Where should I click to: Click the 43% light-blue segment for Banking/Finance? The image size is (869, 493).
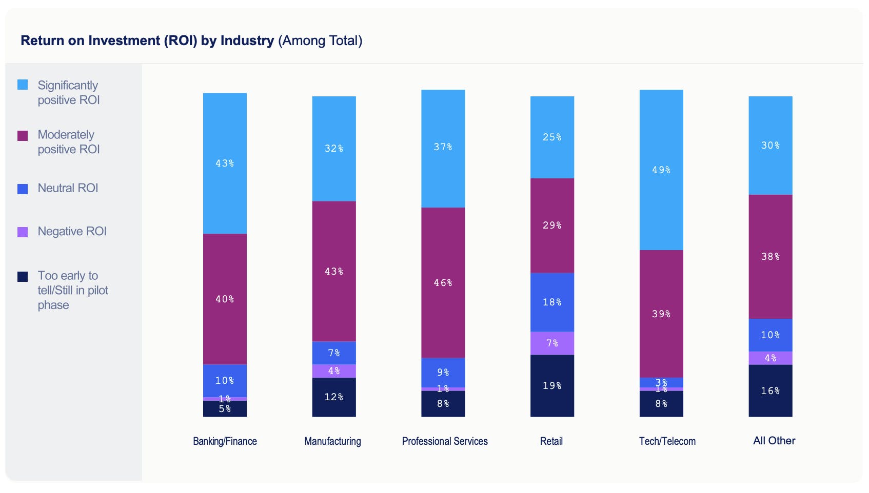pos(225,163)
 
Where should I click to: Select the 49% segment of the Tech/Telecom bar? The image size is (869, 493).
pos(661,170)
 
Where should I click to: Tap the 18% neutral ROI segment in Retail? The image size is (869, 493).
pos(552,302)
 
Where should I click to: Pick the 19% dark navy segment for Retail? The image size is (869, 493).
pos(552,386)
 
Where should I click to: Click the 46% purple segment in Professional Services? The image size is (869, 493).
pos(443,282)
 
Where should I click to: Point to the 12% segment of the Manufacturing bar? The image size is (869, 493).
pos(334,397)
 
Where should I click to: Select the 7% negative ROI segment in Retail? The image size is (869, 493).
pos(552,343)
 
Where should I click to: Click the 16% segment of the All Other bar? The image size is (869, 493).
pos(770,391)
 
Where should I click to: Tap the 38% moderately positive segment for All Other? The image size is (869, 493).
pos(770,256)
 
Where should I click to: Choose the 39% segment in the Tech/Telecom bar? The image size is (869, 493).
pos(661,314)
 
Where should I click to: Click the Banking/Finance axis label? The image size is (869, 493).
pos(225,441)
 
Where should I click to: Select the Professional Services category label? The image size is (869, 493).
pos(445,441)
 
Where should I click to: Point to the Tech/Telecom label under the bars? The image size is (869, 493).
pos(667,441)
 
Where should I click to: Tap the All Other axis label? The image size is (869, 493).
pos(774,441)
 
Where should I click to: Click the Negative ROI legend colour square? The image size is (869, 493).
pos(23,232)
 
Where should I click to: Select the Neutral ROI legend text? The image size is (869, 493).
pos(68,188)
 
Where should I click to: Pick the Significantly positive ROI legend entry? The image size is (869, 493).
pos(68,92)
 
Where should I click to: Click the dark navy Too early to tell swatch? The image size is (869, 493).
pos(23,277)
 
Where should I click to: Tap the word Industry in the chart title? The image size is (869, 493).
pos(247,40)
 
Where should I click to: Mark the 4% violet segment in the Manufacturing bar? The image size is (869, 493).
pos(334,371)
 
